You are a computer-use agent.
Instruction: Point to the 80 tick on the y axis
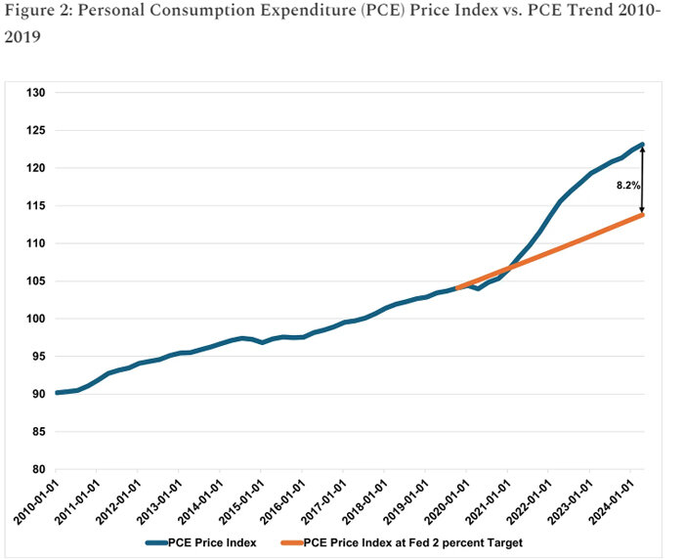(x=38, y=469)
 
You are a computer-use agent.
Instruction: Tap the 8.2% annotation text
(x=628, y=184)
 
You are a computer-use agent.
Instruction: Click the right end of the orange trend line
(x=642, y=214)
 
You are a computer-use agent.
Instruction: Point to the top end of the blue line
(x=642, y=145)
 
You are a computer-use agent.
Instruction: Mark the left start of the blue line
(x=57, y=393)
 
